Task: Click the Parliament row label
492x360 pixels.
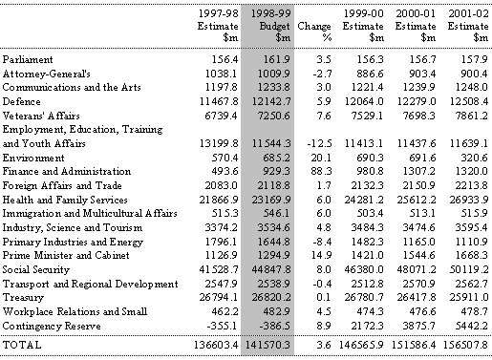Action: click(28, 60)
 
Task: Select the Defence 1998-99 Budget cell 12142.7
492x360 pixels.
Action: click(271, 101)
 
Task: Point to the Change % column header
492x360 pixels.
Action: click(314, 32)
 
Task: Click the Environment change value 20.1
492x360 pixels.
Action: click(321, 158)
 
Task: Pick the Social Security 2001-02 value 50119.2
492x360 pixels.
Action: click(469, 269)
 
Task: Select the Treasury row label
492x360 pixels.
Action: click(23, 298)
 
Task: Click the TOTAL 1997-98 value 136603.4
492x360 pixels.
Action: click(216, 345)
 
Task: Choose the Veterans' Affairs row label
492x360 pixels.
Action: click(41, 116)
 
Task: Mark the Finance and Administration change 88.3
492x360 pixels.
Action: click(321, 171)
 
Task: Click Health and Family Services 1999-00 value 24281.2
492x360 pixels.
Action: click(364, 200)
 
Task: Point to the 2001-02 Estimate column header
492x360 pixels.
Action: click(468, 26)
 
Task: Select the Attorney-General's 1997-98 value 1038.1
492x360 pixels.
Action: click(221, 74)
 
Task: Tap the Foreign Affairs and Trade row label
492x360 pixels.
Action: click(62, 185)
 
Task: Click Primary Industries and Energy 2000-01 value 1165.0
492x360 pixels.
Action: click(418, 242)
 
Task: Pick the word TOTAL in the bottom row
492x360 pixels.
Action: click(22, 345)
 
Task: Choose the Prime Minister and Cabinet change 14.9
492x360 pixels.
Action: click(321, 255)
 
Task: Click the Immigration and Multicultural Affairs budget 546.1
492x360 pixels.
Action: click(277, 213)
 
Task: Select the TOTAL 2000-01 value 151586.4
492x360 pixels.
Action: click(415, 345)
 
